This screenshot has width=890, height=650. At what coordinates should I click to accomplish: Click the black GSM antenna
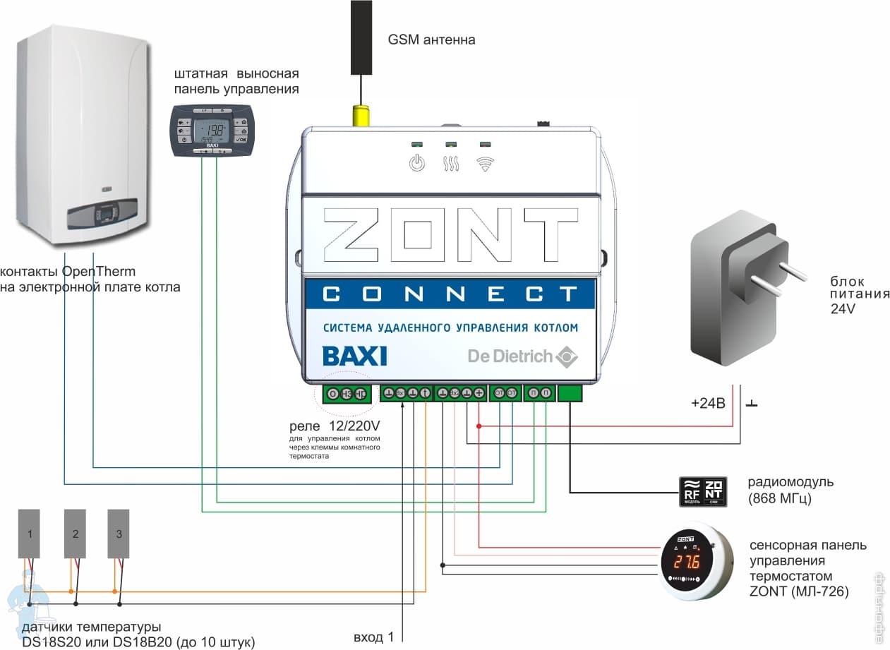[361, 37]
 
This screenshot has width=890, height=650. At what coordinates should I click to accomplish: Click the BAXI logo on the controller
[354, 356]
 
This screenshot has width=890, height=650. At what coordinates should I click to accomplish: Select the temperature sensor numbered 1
[30, 534]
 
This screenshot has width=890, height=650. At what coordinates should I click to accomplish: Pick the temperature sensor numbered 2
[75, 534]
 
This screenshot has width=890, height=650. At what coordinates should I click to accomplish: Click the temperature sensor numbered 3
[119, 534]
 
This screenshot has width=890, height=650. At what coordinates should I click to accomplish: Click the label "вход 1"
[373, 637]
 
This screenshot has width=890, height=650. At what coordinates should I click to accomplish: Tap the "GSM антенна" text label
[431, 40]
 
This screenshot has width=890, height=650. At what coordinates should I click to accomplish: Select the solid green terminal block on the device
[570, 394]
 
